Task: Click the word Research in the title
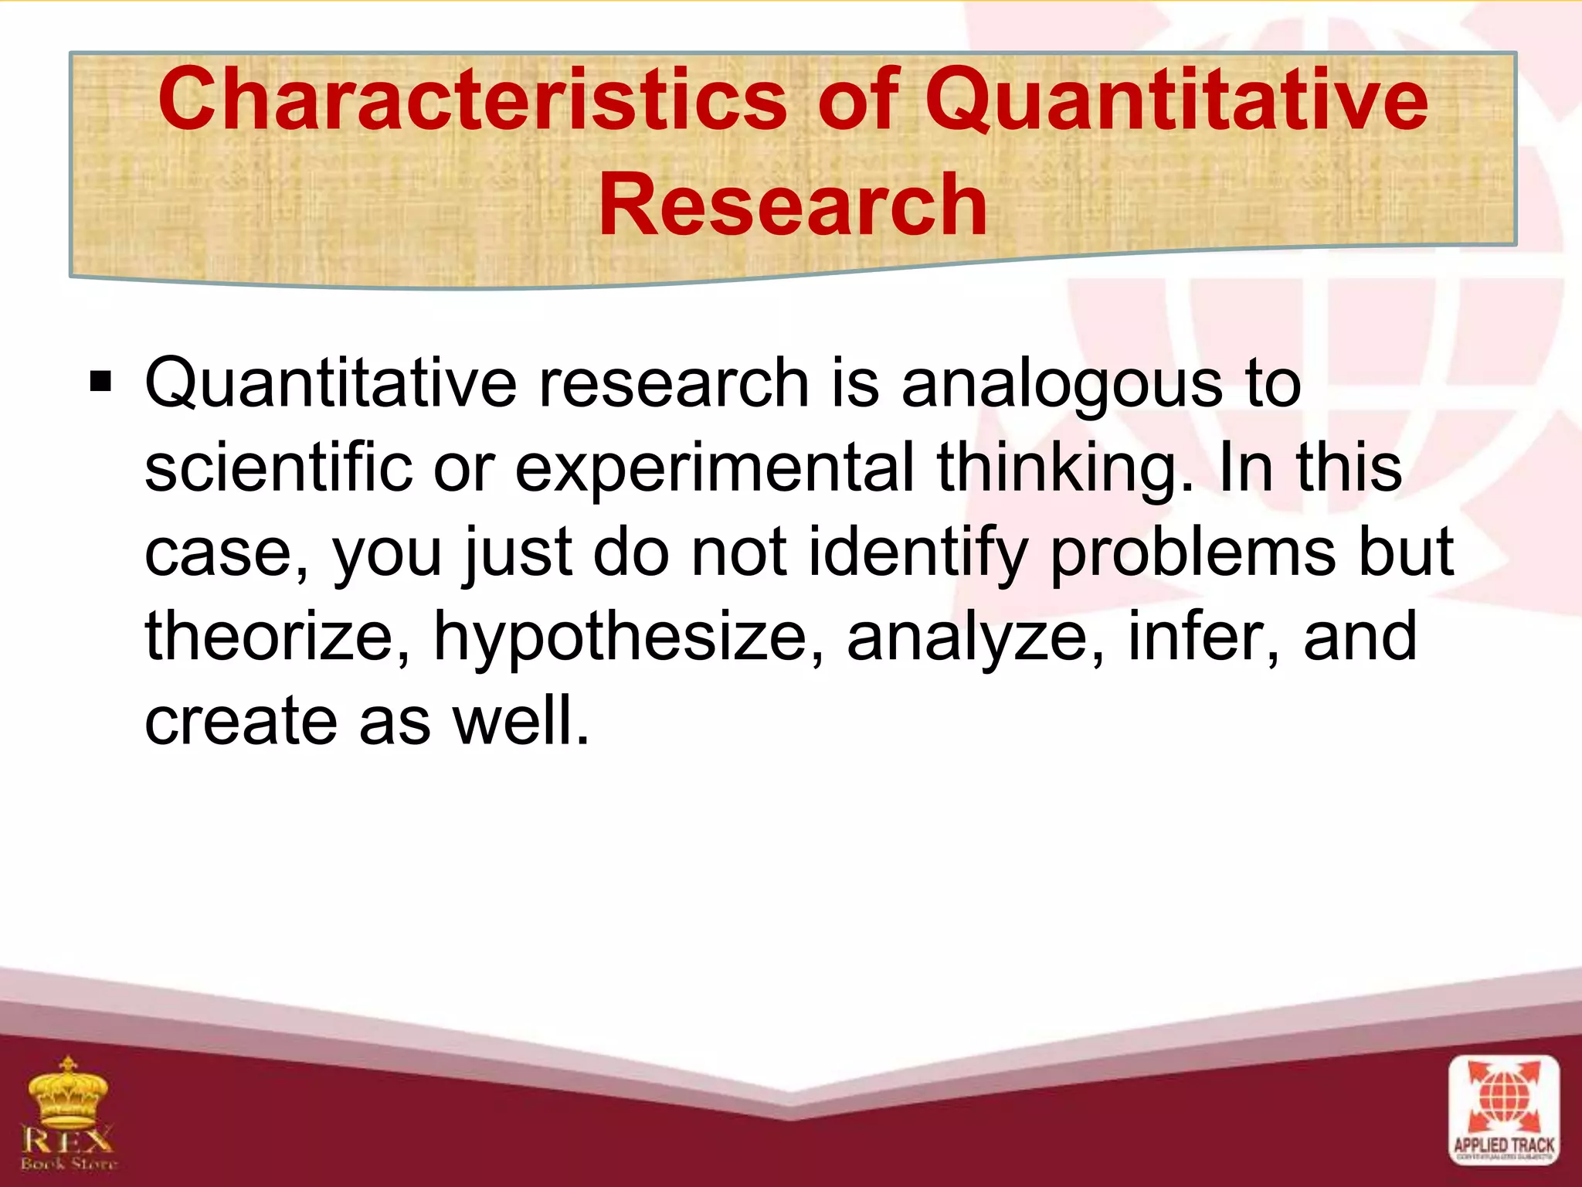tap(793, 206)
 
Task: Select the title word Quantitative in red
tap(1176, 100)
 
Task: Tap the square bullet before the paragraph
tap(100, 382)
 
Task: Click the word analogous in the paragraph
tap(1061, 384)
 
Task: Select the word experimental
tap(715, 469)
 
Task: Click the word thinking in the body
tap(1058, 469)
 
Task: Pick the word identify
tap(918, 553)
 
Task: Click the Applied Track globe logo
tap(1503, 1110)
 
